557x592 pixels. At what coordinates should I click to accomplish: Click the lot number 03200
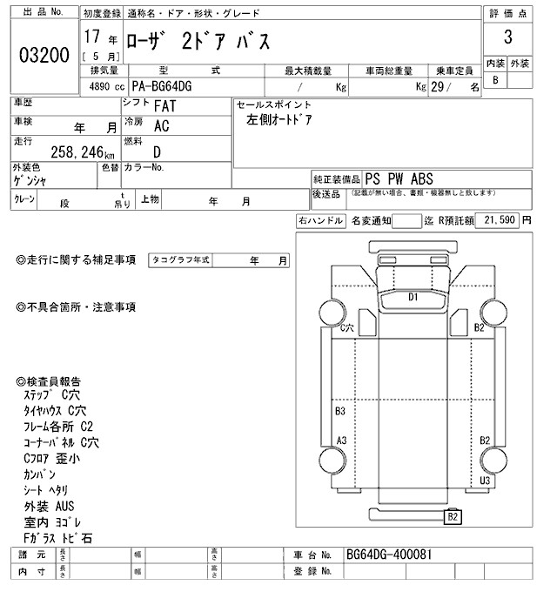pos(44,57)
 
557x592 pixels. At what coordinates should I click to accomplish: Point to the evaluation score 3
pos(507,37)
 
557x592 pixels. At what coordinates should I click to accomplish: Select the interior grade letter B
pos(495,80)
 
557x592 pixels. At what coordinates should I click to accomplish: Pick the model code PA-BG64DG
pos(163,87)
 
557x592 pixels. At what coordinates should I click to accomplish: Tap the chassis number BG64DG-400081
pos(388,555)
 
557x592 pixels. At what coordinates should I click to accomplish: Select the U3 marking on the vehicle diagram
pos(485,480)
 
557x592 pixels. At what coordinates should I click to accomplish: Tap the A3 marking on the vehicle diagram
pos(342,440)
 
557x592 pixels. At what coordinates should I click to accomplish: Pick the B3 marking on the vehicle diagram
pos(340,410)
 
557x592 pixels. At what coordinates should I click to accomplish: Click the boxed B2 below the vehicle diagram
pos(453,517)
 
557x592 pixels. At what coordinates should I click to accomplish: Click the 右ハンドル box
pos(320,221)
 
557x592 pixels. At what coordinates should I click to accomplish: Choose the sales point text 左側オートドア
pos(279,120)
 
